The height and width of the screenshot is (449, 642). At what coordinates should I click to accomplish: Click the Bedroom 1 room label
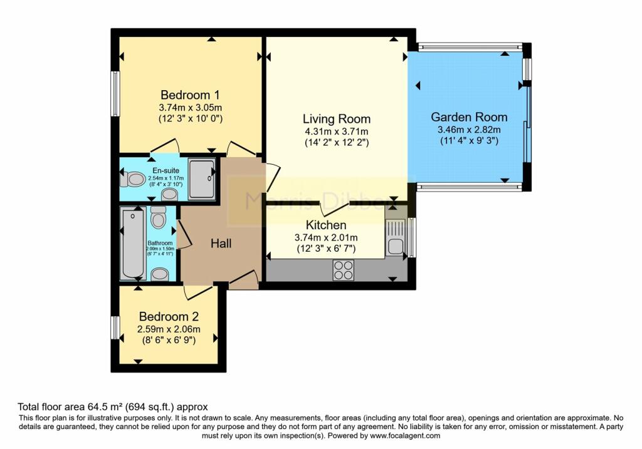point(190,95)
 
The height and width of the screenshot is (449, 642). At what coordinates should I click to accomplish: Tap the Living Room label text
point(336,119)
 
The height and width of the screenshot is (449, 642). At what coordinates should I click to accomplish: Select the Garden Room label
point(469,117)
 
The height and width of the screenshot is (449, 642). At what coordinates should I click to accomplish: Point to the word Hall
point(221,243)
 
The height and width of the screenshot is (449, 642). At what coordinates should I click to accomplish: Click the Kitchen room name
point(325,225)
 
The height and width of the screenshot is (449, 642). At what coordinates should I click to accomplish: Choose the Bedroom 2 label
point(169,316)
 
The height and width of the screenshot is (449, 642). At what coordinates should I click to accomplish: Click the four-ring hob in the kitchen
point(343,270)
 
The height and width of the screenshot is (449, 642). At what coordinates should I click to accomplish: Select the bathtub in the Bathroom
point(133,245)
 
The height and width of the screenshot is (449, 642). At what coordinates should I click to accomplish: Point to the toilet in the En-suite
point(133,180)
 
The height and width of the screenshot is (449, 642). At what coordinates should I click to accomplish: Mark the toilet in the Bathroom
point(158,219)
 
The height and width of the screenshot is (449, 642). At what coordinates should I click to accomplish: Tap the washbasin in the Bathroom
point(160,274)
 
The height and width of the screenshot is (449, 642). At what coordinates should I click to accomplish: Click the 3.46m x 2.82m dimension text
point(469,130)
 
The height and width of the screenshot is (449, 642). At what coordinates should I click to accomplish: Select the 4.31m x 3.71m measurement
point(336,132)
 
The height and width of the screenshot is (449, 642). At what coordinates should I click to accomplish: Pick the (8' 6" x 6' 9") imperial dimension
point(169,341)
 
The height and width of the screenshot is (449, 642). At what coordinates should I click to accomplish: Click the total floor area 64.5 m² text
point(112,406)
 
